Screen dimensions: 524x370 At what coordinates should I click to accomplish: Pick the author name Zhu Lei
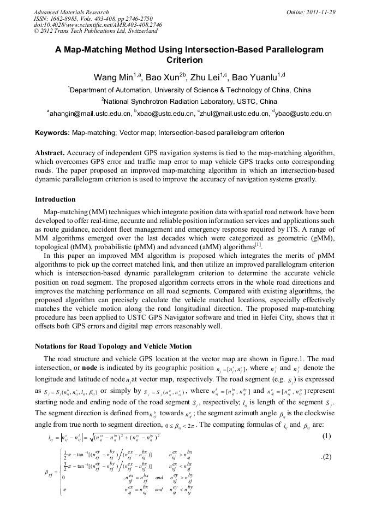[223, 77]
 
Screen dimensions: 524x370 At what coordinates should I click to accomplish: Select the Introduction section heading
[55, 199]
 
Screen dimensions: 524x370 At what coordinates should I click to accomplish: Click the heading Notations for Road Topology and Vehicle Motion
[113, 346]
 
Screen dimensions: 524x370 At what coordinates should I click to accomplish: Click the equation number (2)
[326, 456]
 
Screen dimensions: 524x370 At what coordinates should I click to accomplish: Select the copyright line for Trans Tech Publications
[96, 32]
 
